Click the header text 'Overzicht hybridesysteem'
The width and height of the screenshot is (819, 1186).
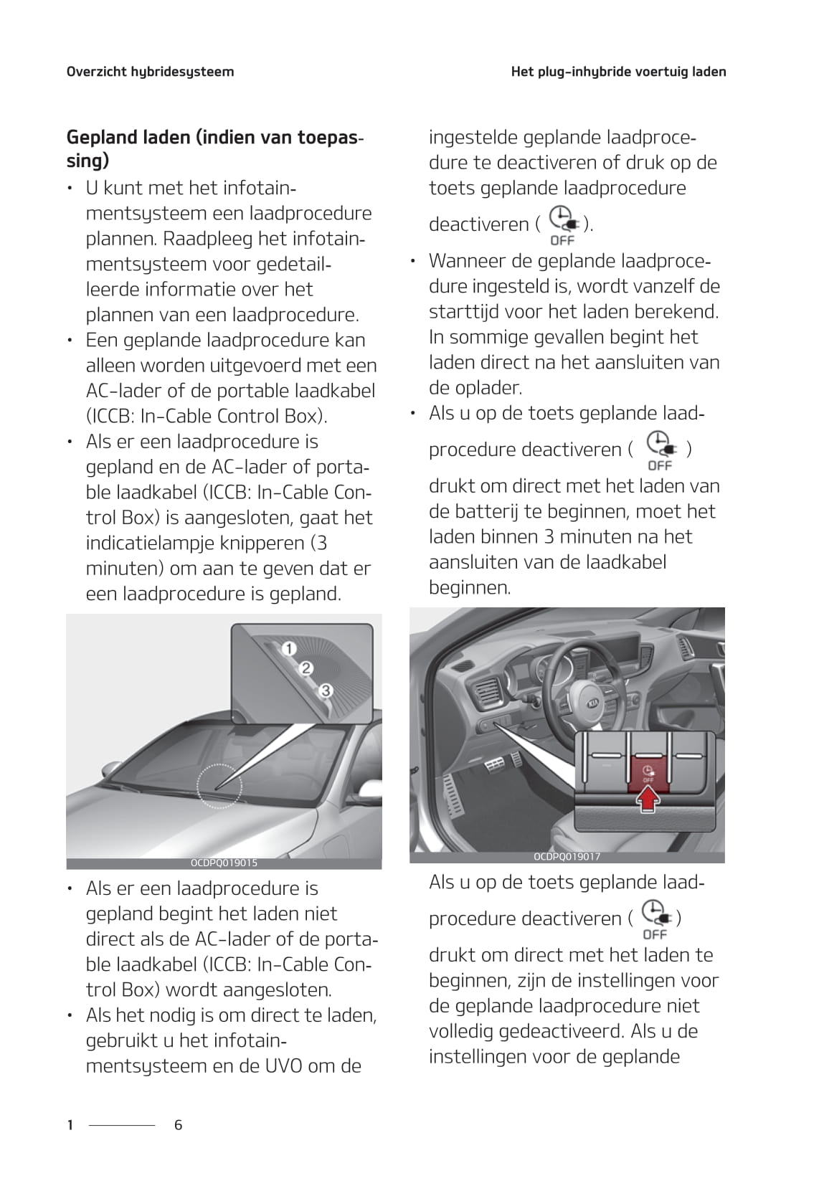click(x=150, y=72)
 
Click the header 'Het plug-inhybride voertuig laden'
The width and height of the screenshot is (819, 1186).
click(x=618, y=72)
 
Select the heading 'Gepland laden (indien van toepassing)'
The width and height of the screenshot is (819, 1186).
click(x=214, y=148)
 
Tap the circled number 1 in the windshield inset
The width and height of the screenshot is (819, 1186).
click(x=288, y=649)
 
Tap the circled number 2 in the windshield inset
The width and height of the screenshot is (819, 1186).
click(x=306, y=669)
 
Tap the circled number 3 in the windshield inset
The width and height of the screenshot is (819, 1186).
click(x=325, y=691)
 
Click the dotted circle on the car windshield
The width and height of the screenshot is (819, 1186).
click(x=220, y=786)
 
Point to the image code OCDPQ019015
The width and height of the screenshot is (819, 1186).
click(x=224, y=863)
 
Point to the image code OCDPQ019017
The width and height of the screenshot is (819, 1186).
click(x=567, y=857)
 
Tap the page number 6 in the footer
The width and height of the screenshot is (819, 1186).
click(x=179, y=1125)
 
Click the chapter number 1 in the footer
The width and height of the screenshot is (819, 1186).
click(x=70, y=1125)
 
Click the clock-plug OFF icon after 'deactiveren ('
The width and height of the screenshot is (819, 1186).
click(x=562, y=224)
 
